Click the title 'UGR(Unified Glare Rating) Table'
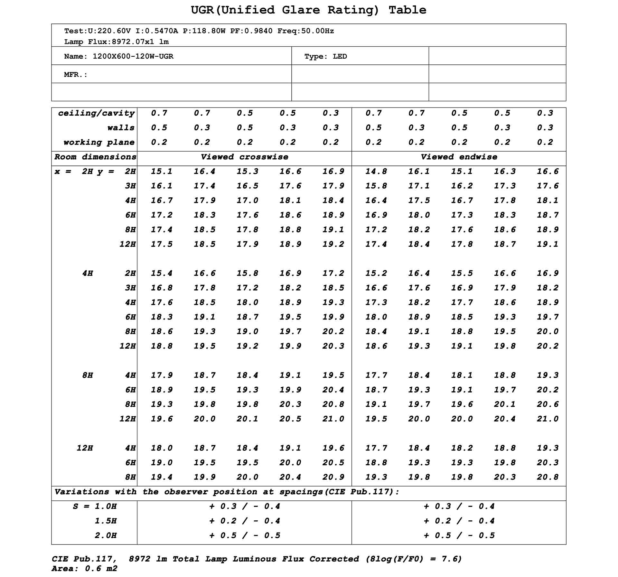(x=308, y=10)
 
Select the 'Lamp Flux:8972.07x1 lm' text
(x=116, y=42)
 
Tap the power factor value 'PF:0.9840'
(x=251, y=31)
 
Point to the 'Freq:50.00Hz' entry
(x=305, y=31)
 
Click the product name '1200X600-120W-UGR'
(x=133, y=56)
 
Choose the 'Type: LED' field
(x=325, y=56)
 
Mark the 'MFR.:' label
(x=76, y=75)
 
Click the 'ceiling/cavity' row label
(x=96, y=113)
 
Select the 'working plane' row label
(x=98, y=142)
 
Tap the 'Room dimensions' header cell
(x=95, y=157)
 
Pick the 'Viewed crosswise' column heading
(x=244, y=157)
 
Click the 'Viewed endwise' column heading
(x=459, y=157)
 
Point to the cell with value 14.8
(x=376, y=172)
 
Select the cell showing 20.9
(x=333, y=477)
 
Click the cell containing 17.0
(x=247, y=201)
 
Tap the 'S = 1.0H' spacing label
(x=95, y=506)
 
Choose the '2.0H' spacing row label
(x=105, y=535)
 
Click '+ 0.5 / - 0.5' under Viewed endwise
(x=459, y=535)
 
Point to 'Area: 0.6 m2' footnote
(x=84, y=569)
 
